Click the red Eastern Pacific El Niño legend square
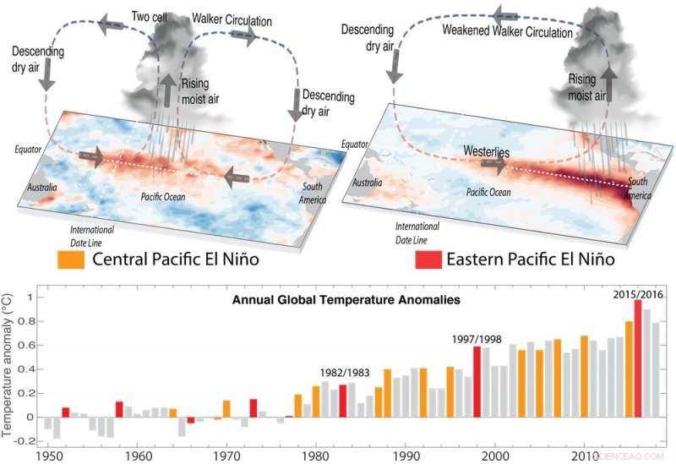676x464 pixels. [x=431, y=259]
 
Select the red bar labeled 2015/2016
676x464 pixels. [x=638, y=358]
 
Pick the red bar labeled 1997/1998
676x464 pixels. [x=477, y=381]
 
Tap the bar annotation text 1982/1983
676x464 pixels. [x=344, y=372]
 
